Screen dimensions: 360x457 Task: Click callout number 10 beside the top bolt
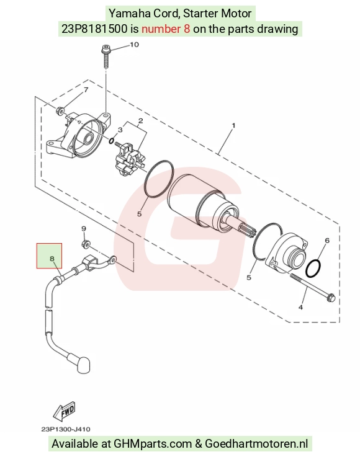click(134, 45)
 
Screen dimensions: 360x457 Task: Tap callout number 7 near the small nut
click(86, 90)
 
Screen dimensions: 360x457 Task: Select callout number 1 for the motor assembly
click(233, 125)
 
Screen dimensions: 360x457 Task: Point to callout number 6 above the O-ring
click(327, 240)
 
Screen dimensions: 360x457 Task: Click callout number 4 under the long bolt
click(300, 307)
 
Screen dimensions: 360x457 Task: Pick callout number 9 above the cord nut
click(84, 229)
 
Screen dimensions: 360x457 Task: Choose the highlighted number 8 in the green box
click(52, 259)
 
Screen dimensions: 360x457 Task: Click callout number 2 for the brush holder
click(141, 121)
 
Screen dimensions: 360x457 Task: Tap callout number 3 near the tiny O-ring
click(120, 130)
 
